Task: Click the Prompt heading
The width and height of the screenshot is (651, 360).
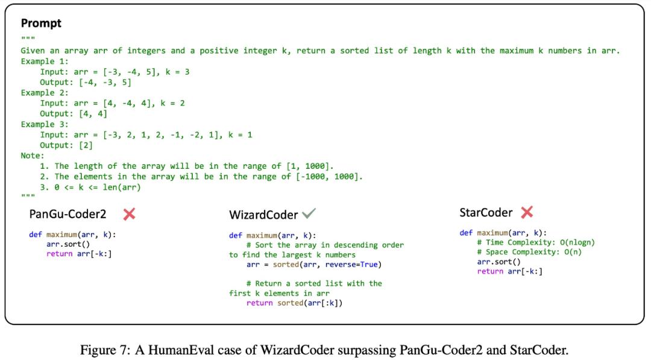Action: click(41, 24)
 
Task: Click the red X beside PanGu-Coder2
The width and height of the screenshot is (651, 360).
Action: click(129, 214)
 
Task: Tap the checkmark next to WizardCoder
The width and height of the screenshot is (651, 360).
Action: click(309, 213)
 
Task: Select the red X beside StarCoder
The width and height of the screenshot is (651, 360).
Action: click(527, 213)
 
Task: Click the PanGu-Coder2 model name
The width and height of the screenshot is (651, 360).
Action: click(68, 214)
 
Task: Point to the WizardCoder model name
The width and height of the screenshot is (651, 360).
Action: click(263, 215)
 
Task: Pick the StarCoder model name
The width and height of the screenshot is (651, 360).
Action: click(486, 213)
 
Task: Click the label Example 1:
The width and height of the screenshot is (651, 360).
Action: click(45, 62)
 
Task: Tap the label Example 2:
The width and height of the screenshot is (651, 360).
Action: click(45, 93)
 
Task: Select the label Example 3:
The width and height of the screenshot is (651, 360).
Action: click(45, 124)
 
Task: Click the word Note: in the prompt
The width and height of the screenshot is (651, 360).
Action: click(33, 156)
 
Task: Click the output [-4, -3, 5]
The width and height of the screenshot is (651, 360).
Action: click(105, 82)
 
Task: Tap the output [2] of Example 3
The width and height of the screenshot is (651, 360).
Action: click(86, 145)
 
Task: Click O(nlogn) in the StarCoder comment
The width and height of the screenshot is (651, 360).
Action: click(577, 242)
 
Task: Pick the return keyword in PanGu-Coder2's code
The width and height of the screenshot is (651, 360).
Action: click(59, 254)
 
